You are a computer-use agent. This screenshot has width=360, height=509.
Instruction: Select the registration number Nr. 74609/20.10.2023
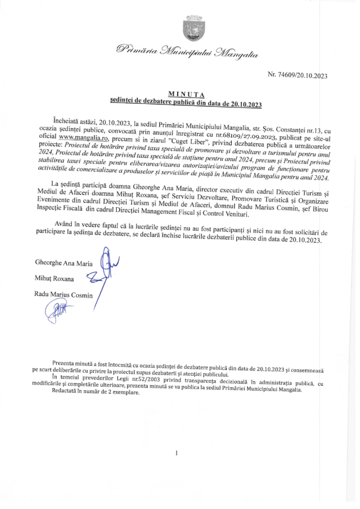pyautogui.click(x=297, y=76)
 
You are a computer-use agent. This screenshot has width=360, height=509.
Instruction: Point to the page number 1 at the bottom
pyautogui.click(x=177, y=453)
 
